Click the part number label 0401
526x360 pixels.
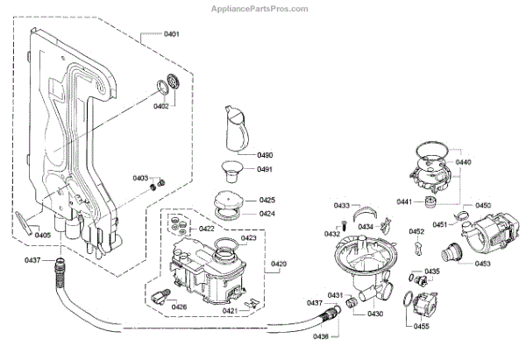click(x=171, y=34)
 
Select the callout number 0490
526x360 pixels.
click(x=266, y=155)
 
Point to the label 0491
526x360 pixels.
click(x=266, y=170)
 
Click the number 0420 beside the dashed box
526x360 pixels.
click(x=279, y=264)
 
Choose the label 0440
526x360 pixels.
click(x=465, y=163)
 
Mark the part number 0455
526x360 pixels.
click(x=421, y=326)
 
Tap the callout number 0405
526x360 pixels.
click(x=42, y=235)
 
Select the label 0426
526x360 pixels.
click(x=179, y=307)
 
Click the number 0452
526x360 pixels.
click(x=417, y=231)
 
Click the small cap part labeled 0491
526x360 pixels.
click(x=233, y=167)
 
